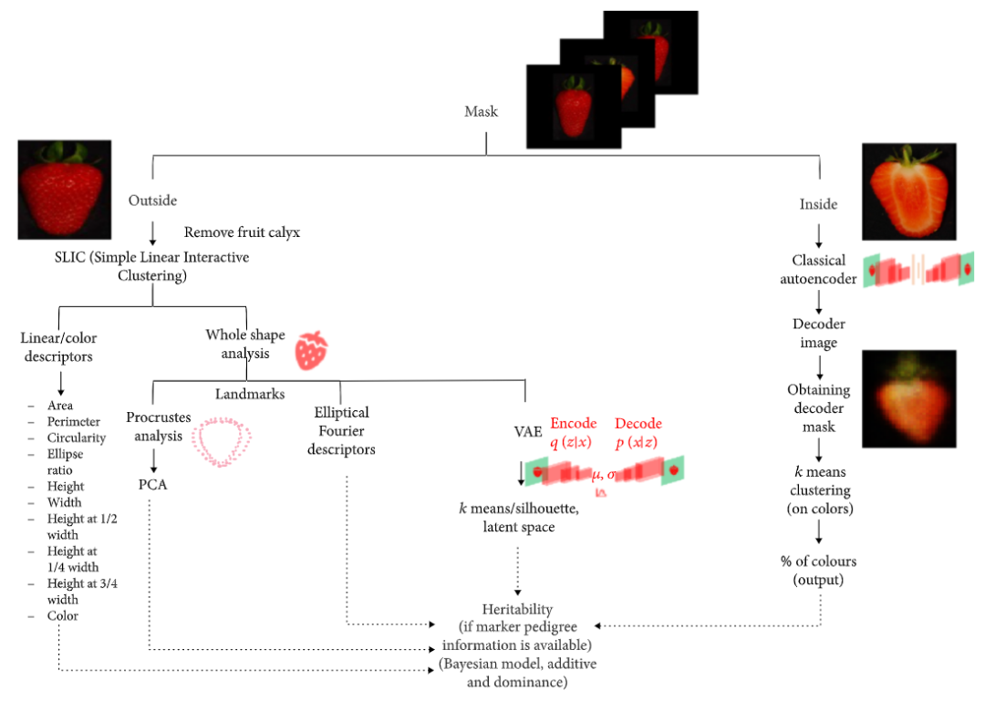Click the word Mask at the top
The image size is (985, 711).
pos(482,111)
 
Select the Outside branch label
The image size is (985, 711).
pos(152,201)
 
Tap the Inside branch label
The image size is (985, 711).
pos(818,204)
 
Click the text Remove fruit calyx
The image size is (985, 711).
pos(242,232)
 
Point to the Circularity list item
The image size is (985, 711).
pos(76,438)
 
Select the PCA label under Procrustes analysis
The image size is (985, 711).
pos(152,484)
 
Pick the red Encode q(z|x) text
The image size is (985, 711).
pos(573,431)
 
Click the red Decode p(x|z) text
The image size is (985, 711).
pos(638,431)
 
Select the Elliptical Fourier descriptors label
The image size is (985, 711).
pos(341,431)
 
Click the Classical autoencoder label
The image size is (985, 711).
pos(818,270)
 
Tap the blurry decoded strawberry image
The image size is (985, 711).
pos(908,398)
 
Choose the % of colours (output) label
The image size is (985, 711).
pos(818,570)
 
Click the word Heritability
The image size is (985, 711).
pos(517,608)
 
